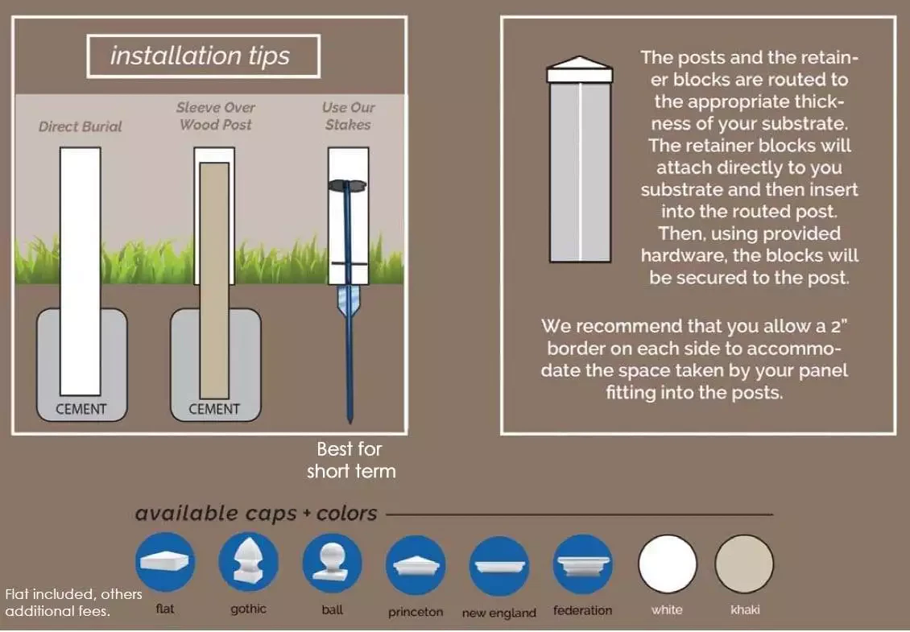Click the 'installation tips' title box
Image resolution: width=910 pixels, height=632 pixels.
click(203, 56)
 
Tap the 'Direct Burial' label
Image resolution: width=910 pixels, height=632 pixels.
click(81, 126)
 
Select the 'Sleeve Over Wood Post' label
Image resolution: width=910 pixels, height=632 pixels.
click(215, 116)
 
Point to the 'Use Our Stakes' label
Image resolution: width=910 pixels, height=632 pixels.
click(347, 116)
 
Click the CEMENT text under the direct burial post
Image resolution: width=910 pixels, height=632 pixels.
click(81, 409)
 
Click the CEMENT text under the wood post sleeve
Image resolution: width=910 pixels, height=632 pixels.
click(214, 409)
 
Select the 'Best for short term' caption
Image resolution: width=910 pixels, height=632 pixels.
click(351, 460)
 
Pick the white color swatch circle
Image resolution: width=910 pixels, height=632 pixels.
click(667, 564)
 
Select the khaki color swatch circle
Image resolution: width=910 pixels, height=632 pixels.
click(744, 564)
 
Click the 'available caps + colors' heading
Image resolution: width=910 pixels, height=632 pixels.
click(255, 514)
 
